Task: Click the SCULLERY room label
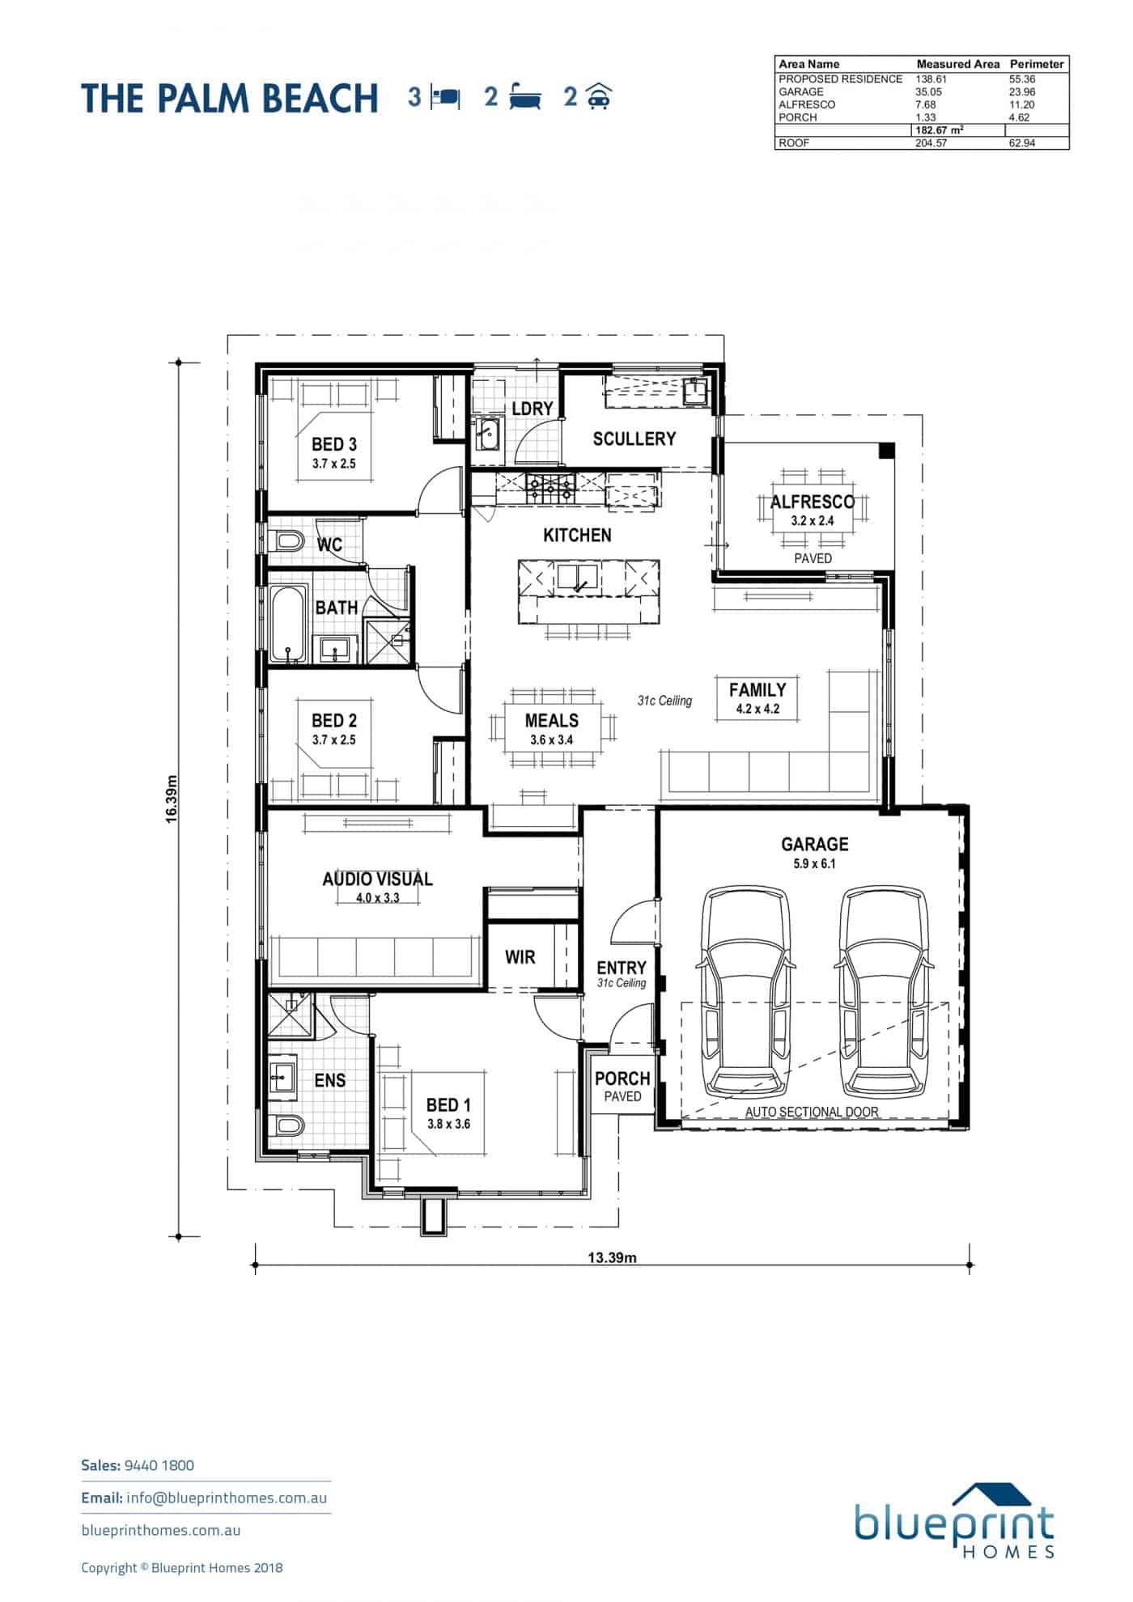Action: [634, 439]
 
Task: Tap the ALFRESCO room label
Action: [812, 502]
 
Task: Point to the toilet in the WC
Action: [287, 540]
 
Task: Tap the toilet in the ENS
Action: [287, 1125]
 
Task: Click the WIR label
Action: [520, 957]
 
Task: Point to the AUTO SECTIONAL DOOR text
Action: [812, 1112]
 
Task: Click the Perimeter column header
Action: [1037, 64]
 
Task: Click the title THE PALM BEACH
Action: [230, 98]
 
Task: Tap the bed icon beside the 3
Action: [446, 98]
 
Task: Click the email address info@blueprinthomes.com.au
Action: [227, 1498]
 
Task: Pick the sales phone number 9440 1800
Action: [159, 1465]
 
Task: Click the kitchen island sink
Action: [577, 577]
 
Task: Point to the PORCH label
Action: [622, 1079]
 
